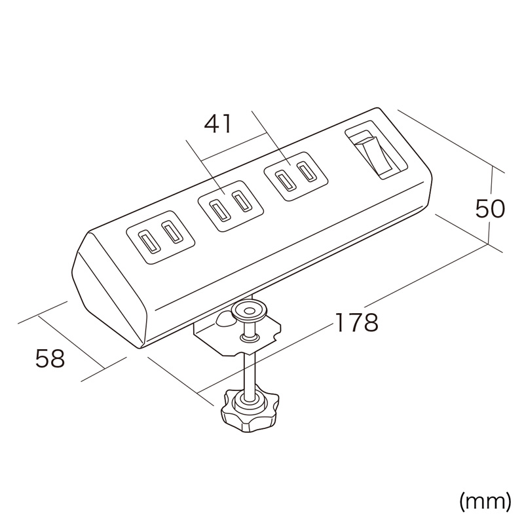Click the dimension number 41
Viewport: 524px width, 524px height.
click(217, 124)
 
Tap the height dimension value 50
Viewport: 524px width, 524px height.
click(490, 210)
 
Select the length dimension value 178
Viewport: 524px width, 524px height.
click(356, 322)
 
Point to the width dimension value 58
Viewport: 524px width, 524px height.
click(50, 358)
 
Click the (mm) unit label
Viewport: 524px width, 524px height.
click(485, 501)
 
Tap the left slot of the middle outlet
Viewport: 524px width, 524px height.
click(218, 212)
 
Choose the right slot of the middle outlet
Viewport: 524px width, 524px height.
click(241, 202)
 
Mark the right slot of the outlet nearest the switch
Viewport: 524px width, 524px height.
click(307, 172)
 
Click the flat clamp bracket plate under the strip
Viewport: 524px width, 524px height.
click(237, 334)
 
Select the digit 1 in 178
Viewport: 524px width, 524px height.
click(340, 322)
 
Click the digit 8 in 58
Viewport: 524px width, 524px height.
click(58, 358)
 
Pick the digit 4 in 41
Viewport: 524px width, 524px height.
click(212, 124)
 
